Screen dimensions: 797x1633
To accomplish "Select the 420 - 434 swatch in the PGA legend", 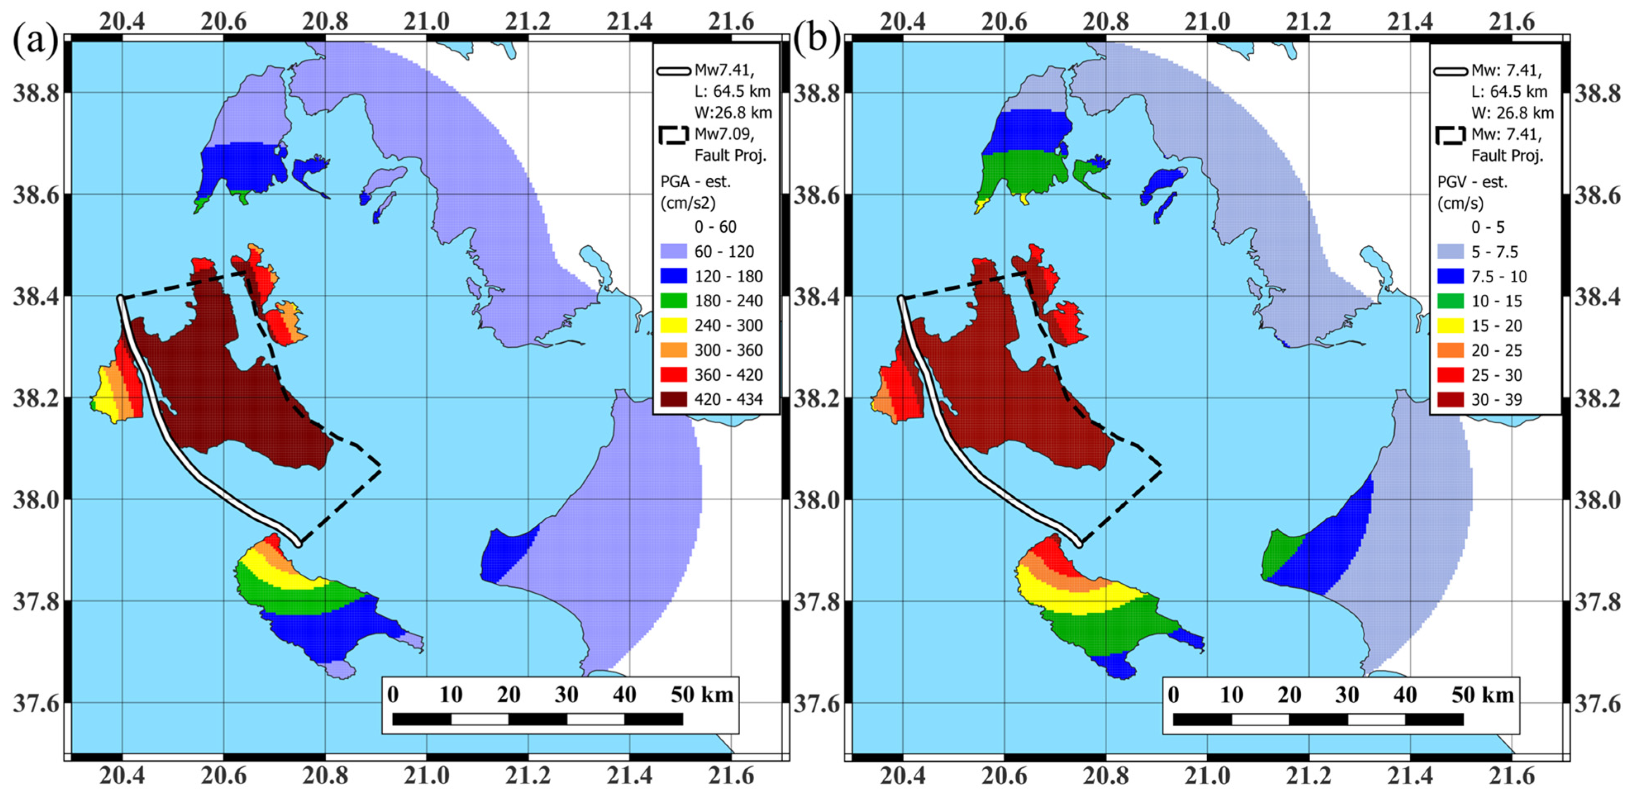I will pyautogui.click(x=673, y=399).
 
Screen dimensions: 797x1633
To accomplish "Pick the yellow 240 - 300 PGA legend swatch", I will pyautogui.click(x=673, y=325).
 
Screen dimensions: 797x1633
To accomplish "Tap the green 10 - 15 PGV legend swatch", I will pyautogui.click(x=1450, y=301).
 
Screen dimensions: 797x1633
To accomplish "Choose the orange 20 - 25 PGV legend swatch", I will pyautogui.click(x=1450, y=350).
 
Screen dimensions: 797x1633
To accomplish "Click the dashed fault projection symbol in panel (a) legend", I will pyautogui.click(x=673, y=135).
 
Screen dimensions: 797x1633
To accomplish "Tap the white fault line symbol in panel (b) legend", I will pyautogui.click(x=1450, y=71).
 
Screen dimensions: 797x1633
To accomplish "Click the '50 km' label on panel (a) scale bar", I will pyautogui.click(x=702, y=695).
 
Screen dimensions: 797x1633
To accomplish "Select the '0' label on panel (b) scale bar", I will pyautogui.click(x=1173, y=695).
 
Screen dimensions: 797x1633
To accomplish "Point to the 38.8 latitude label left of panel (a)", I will pyautogui.click(x=36, y=93).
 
